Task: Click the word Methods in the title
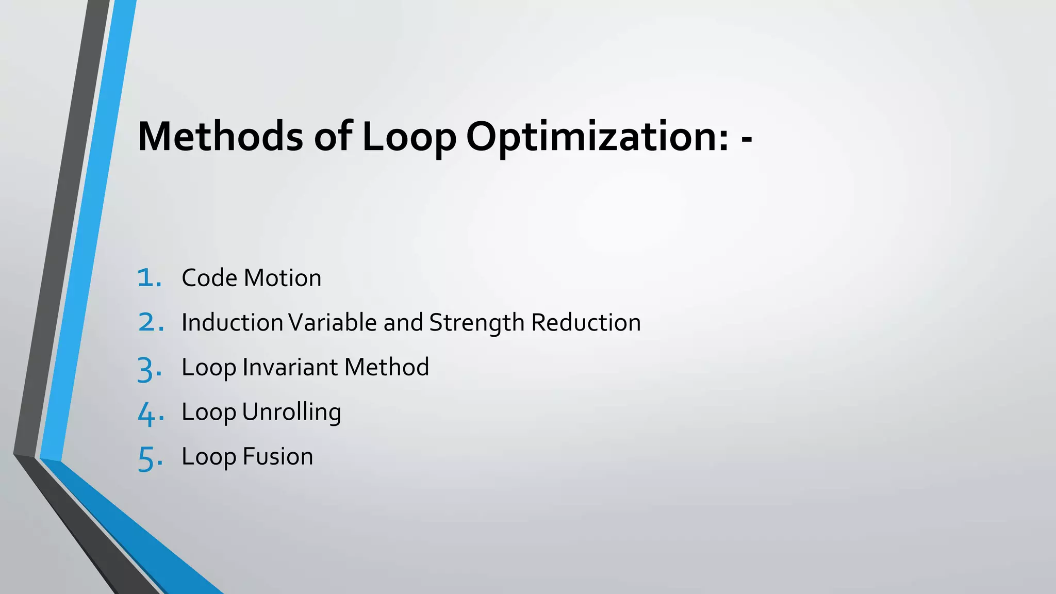[220, 137]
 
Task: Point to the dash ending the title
[746, 139]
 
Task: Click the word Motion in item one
[283, 278]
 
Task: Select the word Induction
[233, 323]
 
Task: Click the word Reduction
[586, 323]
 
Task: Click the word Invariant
[290, 367]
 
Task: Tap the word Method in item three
[387, 367]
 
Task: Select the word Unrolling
[291, 412]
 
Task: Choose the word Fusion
[277, 457]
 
